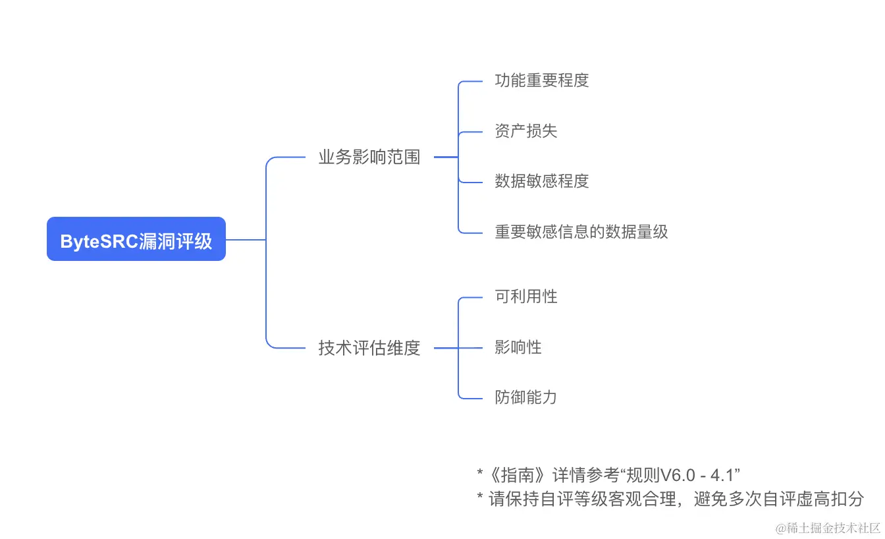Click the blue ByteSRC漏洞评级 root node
click(x=136, y=239)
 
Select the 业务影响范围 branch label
click(x=369, y=157)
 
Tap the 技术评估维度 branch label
click(x=369, y=348)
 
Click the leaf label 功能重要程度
click(x=541, y=80)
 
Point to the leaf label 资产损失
click(x=525, y=131)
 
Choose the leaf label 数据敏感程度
click(x=541, y=181)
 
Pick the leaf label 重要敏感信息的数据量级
click(x=581, y=232)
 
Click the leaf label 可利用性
click(x=525, y=297)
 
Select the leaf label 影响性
click(x=518, y=347)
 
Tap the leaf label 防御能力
click(x=525, y=397)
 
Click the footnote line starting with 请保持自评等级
click(x=676, y=499)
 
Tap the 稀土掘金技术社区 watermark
click(x=828, y=528)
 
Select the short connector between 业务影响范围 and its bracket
click(x=446, y=157)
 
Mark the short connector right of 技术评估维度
click(x=446, y=348)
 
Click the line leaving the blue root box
click(x=245, y=239)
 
